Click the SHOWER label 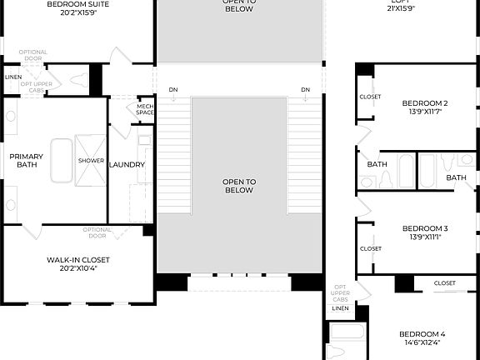(x=91, y=160)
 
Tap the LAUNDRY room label (x=127, y=164)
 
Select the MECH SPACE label (x=145, y=109)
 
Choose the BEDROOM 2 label (x=425, y=103)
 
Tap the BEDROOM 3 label (x=425, y=227)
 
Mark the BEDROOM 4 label (x=424, y=332)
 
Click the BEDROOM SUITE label (x=77, y=3)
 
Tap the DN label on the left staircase (x=172, y=89)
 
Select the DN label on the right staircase (x=306, y=89)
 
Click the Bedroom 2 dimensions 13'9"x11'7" (x=425, y=112)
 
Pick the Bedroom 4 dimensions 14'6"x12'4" (x=424, y=342)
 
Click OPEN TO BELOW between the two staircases (x=239, y=185)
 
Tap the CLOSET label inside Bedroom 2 (x=370, y=97)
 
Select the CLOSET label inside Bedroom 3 (x=370, y=248)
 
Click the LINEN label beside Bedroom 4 (x=340, y=308)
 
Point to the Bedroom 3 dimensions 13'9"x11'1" (x=425, y=237)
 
